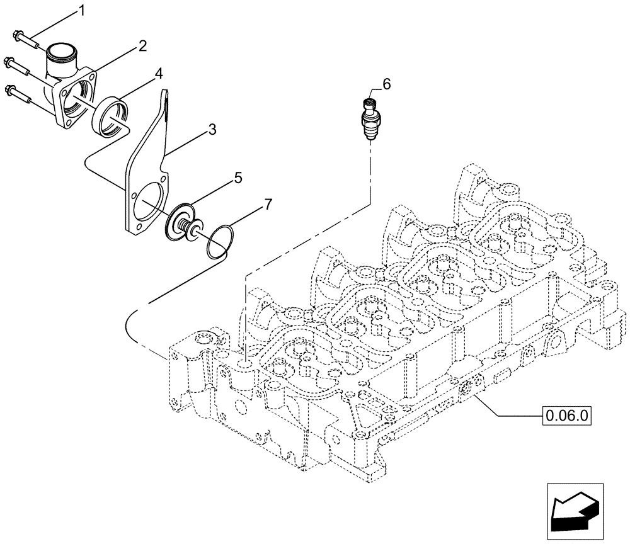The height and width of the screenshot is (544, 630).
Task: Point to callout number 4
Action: coord(159,74)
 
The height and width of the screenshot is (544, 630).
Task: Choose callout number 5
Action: coord(238,178)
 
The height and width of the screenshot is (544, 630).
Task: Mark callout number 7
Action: coord(268,203)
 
